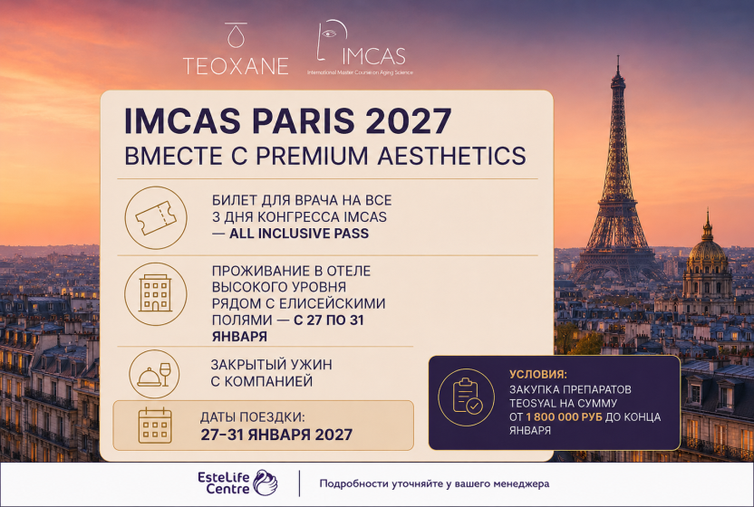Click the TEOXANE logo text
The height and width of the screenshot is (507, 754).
click(236, 66)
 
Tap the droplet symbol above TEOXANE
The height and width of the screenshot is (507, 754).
click(236, 35)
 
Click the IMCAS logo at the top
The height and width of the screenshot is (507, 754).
click(361, 48)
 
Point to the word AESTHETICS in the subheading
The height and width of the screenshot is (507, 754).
click(451, 156)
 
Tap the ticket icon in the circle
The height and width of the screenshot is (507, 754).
click(155, 217)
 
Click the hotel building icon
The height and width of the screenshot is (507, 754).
click(155, 293)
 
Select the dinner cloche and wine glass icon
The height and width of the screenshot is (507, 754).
click(154, 374)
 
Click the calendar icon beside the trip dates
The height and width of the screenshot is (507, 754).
click(155, 426)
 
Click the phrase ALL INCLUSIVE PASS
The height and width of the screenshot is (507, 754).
click(299, 234)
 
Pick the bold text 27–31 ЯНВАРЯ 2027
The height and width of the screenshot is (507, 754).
click(276, 435)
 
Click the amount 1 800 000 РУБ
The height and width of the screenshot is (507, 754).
click(564, 416)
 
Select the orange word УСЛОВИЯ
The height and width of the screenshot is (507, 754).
click(538, 374)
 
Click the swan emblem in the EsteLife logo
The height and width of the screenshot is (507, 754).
click(266, 483)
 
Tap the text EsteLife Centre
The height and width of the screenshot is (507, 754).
click(224, 483)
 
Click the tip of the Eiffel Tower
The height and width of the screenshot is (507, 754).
click(618, 57)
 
